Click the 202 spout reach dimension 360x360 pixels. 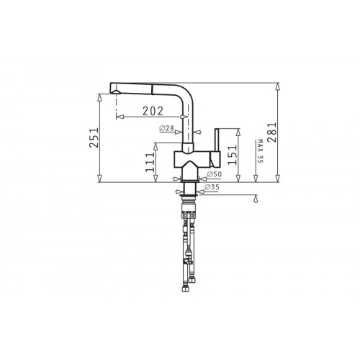(153, 111)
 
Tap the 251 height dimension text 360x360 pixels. (94, 138)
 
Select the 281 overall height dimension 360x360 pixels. (272, 132)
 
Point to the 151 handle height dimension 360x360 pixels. (232, 155)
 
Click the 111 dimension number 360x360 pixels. (150, 162)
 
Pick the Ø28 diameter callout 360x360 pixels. (166, 128)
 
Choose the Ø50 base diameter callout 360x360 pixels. (214, 174)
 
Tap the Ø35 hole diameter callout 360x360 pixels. (212, 187)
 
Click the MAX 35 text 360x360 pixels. (260, 151)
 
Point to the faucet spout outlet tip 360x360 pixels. (116, 92)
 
